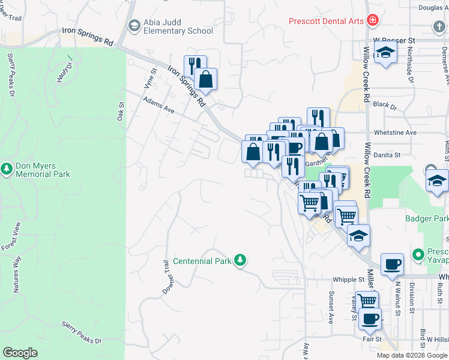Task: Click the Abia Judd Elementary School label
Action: pyautogui.click(x=178, y=27)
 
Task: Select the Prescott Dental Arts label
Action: pyautogui.click(x=326, y=21)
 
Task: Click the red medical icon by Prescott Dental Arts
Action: pyautogui.click(x=373, y=21)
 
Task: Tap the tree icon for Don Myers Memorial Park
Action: pyautogui.click(x=7, y=169)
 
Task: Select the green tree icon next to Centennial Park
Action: pyautogui.click(x=240, y=260)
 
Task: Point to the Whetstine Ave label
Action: pyautogui.click(x=394, y=133)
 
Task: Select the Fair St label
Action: pyautogui.click(x=372, y=339)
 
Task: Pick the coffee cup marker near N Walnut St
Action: pyautogui.click(x=392, y=263)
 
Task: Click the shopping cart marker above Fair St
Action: pyautogui.click(x=366, y=301)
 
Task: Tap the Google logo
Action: pyautogui.click(x=20, y=353)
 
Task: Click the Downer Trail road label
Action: pyautogui.click(x=166, y=276)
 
